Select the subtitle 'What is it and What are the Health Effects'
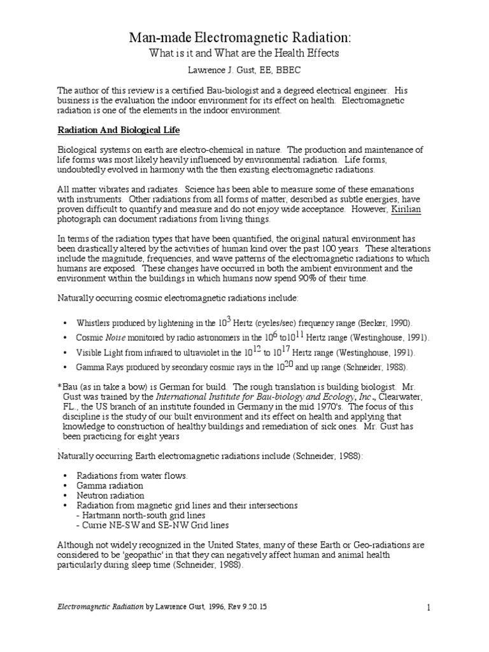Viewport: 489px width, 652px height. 244,54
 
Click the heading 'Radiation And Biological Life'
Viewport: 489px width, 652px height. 119,131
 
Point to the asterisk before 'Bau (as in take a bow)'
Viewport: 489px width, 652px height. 59,387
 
